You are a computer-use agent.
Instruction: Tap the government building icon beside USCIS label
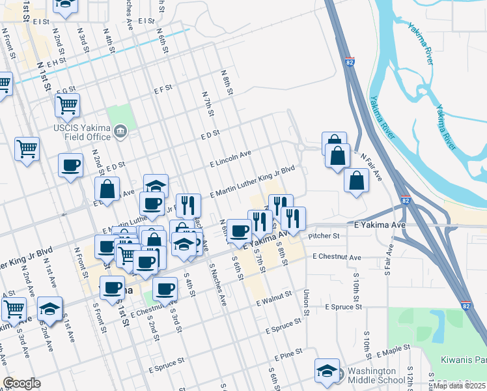[x=120, y=133]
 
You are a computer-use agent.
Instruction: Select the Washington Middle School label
[x=377, y=375]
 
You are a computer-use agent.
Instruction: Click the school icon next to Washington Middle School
[x=326, y=370]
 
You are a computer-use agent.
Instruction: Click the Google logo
[x=21, y=383]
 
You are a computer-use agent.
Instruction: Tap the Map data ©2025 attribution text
[x=459, y=386]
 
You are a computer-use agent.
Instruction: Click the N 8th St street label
[x=227, y=81]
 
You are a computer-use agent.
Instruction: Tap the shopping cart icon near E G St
[x=68, y=105]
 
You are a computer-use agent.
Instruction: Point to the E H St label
[x=56, y=61]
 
